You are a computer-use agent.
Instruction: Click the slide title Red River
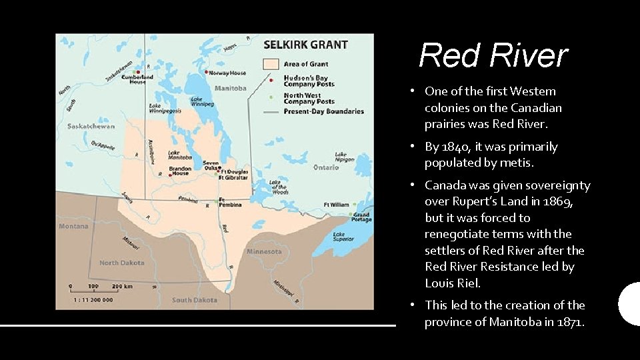(493, 55)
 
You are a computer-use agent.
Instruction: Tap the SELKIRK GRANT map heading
(306, 45)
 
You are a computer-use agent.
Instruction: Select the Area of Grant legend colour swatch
(270, 64)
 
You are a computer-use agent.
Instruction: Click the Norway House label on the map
(229, 73)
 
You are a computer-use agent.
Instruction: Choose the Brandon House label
(180, 171)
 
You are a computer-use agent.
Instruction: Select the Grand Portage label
(361, 217)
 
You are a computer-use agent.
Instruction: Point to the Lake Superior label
(344, 237)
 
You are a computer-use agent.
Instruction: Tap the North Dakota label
(122, 263)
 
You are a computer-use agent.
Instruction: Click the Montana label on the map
(73, 226)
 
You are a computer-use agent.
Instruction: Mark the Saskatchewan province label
(91, 126)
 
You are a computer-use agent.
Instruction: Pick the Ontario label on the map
(326, 167)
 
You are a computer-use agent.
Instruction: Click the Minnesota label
(264, 251)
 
